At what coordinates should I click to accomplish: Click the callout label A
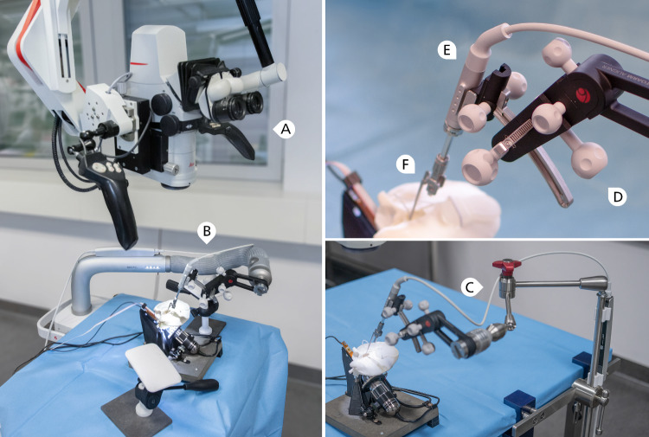285,129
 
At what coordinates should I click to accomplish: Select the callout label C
471,286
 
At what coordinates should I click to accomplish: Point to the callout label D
617,196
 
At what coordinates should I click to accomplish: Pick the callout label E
447,50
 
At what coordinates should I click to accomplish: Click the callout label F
407,164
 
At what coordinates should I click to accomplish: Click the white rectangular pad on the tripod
153,367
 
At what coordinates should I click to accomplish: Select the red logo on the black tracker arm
583,95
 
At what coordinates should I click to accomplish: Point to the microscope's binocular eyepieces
239,106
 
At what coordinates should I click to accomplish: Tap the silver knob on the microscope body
170,169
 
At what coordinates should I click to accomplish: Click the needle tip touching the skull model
410,217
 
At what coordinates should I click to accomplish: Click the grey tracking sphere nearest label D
589,160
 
